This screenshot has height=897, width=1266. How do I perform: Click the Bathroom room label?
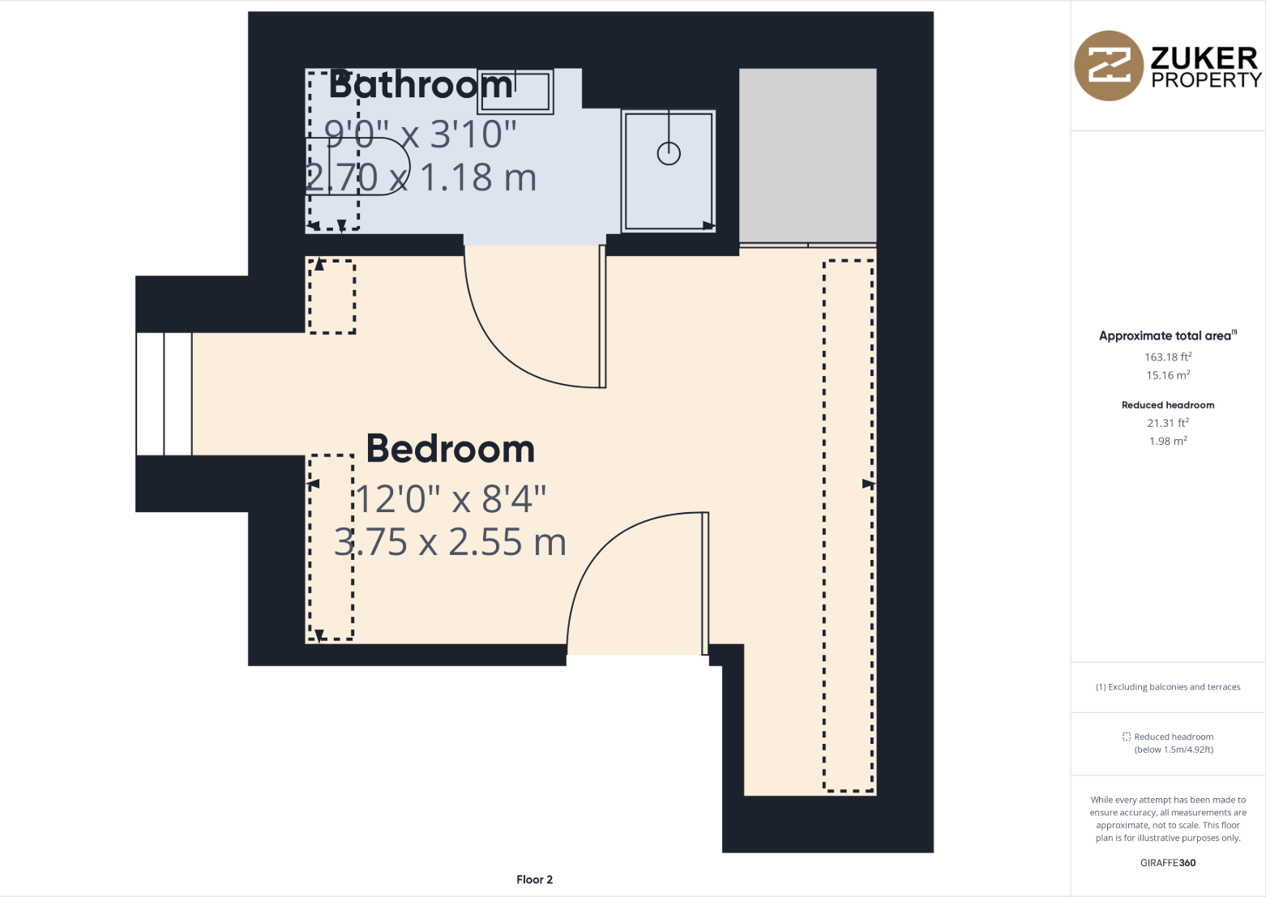[421, 85]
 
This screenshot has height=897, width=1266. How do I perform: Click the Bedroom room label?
[451, 449]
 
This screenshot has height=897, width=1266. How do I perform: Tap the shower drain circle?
[669, 153]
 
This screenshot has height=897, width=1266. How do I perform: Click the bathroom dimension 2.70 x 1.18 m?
[421, 177]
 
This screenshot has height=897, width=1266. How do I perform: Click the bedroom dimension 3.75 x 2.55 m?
[451, 542]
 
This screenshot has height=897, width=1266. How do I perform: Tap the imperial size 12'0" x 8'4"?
[451, 499]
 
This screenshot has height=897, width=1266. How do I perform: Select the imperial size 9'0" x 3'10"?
[421, 134]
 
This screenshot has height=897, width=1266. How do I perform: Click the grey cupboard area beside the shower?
[807, 155]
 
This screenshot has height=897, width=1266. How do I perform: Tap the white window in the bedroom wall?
[164, 394]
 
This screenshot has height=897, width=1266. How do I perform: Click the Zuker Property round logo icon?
[1109, 66]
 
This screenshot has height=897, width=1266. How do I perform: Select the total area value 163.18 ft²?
[1168, 357]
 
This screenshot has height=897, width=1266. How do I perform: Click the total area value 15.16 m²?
[1168, 375]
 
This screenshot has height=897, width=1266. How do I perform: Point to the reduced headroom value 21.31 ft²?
[1168, 423]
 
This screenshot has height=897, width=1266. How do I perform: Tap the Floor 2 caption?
[534, 879]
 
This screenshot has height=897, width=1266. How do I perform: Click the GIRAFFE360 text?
[1168, 863]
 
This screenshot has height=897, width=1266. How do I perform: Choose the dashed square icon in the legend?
[1127, 737]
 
